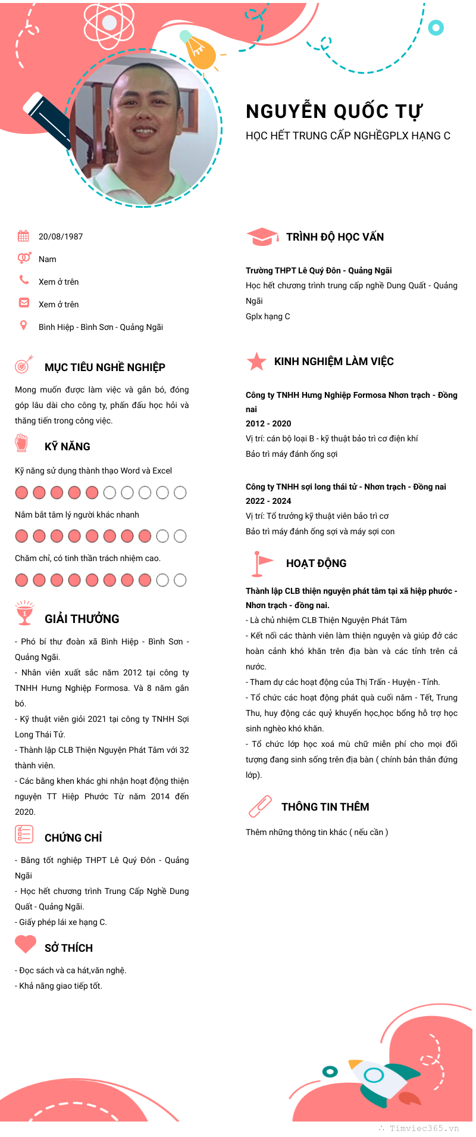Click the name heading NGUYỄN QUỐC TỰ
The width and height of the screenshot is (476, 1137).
click(x=334, y=111)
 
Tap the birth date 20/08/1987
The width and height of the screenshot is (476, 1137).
click(x=61, y=236)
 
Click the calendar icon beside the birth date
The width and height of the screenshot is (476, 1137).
click(x=23, y=236)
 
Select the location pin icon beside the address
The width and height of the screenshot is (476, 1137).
click(x=23, y=325)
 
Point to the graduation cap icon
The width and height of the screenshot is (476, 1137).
click(x=262, y=236)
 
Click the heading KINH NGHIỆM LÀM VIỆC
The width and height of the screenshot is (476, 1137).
click(x=334, y=362)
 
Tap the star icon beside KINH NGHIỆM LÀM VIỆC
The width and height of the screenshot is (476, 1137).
click(x=256, y=362)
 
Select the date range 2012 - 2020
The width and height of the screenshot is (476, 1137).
click(x=268, y=423)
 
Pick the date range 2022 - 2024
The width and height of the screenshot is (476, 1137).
click(x=268, y=501)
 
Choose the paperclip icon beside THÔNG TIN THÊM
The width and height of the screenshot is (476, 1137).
click(x=260, y=807)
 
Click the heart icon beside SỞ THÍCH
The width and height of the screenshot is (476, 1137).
click(x=26, y=944)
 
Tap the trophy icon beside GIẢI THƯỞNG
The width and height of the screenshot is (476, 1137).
click(x=24, y=613)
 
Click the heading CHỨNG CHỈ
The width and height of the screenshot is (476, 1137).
click(x=73, y=838)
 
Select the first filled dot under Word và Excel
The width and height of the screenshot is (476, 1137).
click(x=21, y=493)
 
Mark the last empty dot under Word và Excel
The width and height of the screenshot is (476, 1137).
click(x=180, y=493)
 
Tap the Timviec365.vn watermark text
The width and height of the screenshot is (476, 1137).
click(x=424, y=1128)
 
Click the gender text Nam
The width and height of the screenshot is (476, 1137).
click(x=48, y=259)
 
